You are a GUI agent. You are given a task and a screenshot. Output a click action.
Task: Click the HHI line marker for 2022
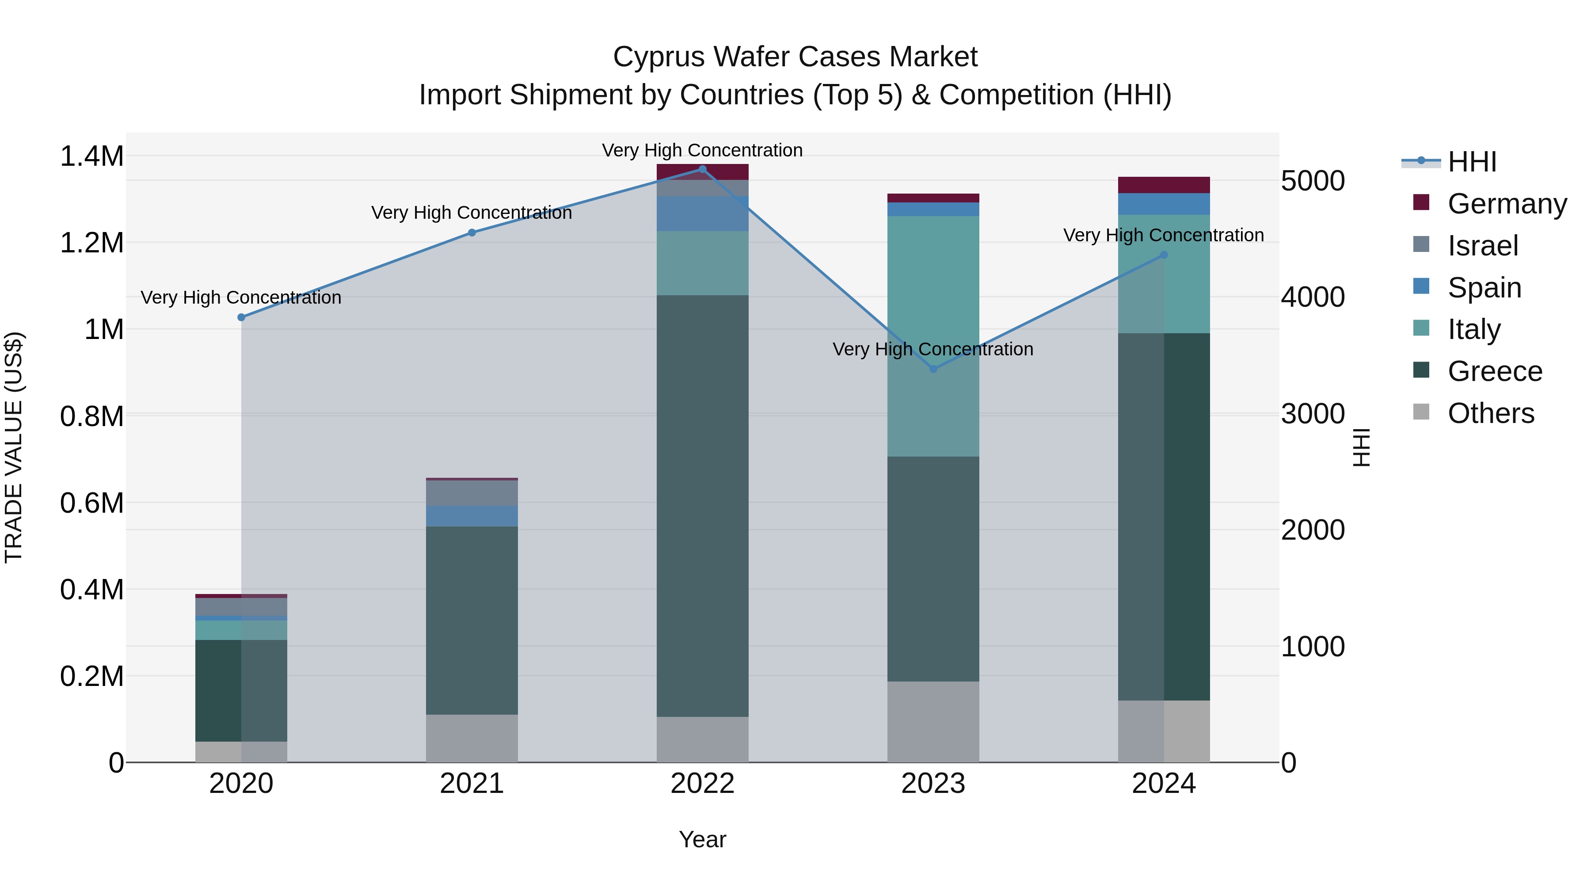[x=702, y=169]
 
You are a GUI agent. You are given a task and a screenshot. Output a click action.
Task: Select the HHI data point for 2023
[x=933, y=369]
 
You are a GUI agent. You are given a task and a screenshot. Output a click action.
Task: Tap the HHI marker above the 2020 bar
[x=241, y=317]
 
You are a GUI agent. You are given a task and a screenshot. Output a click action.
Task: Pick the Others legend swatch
[x=1421, y=413]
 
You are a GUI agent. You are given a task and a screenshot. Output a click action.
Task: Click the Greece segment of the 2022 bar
[x=702, y=507]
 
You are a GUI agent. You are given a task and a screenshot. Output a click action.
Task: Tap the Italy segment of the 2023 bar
[x=933, y=337]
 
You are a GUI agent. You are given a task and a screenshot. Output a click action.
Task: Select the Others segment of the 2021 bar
[x=472, y=738]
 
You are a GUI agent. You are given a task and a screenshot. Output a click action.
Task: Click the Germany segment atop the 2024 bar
[x=1164, y=185]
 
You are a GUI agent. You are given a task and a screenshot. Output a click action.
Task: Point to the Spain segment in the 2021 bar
[x=472, y=516]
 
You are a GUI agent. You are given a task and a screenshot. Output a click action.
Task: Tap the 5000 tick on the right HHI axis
[x=1313, y=182]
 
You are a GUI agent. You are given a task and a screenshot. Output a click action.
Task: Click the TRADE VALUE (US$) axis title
[x=14, y=447]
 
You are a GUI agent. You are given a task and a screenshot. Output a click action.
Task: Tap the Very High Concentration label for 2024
[x=1164, y=235]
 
